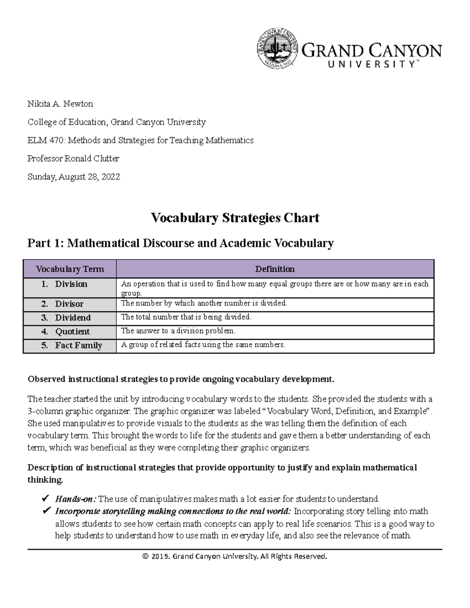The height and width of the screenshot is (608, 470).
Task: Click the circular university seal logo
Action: (277, 50)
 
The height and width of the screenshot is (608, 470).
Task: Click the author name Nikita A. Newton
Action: (60, 104)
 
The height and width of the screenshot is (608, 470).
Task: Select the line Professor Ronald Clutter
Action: (73, 159)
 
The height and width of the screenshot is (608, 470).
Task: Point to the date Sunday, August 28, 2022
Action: (74, 177)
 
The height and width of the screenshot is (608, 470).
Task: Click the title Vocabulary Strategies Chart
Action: (235, 218)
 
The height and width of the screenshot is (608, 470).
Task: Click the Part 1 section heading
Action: (180, 243)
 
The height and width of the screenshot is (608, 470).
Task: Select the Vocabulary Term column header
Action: (70, 269)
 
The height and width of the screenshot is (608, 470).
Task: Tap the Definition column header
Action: (275, 269)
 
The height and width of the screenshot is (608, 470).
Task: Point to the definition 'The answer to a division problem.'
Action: (178, 331)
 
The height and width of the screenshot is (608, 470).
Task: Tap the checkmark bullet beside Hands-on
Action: (45, 499)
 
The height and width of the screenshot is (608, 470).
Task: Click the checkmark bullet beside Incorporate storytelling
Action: (45, 511)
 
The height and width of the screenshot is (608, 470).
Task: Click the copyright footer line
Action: (235, 556)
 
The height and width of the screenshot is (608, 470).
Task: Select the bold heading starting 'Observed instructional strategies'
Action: (181, 379)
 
